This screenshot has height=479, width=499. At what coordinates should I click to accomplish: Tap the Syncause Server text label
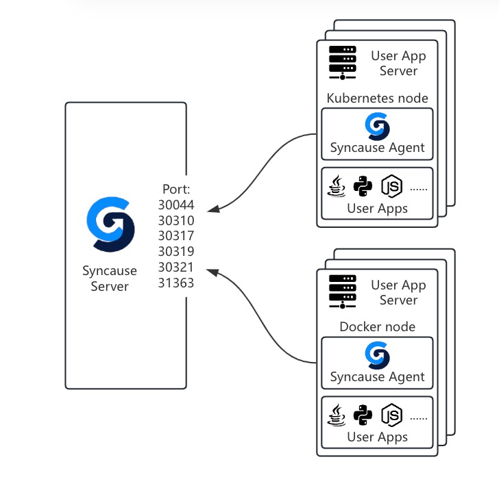point(110,279)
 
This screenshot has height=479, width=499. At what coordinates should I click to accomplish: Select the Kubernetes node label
point(378,98)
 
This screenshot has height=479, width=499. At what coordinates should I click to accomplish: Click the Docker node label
point(378,326)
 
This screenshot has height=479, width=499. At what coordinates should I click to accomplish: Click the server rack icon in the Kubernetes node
point(342,62)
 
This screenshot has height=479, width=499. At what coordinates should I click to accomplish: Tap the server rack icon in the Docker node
point(342,291)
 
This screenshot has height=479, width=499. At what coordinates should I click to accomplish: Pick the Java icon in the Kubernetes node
point(337,185)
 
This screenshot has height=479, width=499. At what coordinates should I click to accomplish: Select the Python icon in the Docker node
point(362,415)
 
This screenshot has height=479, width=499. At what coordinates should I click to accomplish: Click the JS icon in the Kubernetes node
point(391,185)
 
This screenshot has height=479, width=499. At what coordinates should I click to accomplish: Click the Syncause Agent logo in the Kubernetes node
point(377,127)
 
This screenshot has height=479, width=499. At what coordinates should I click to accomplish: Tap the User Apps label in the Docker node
point(378,437)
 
